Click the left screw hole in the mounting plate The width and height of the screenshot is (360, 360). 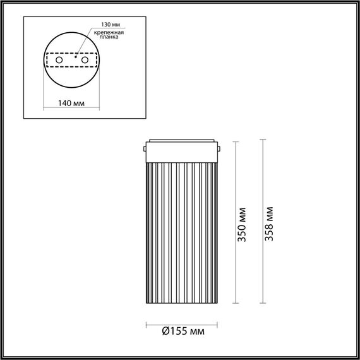point(59,59)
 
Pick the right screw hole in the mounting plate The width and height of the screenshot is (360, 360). point(83,59)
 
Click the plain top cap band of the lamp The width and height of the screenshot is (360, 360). point(183,149)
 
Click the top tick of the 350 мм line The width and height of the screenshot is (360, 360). point(235,143)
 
